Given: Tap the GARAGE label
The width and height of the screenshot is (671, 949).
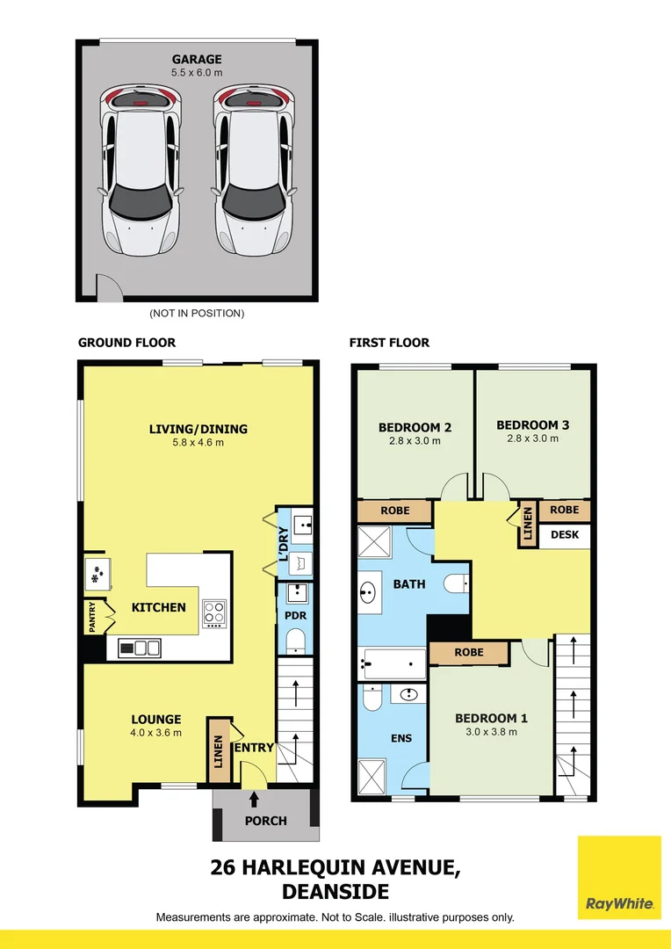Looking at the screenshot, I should coord(197,60).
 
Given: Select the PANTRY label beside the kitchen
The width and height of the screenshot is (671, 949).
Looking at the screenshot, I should coord(92,617).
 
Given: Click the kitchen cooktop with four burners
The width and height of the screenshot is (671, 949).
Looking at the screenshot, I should coord(214,612).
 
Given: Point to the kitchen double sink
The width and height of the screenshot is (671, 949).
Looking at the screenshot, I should coord(140,648).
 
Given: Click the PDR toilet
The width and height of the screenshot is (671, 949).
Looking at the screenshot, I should coord(295,640).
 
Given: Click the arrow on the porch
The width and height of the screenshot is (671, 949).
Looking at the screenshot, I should coord(255,800).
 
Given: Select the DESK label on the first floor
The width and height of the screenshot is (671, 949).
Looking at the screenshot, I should coord(564,534).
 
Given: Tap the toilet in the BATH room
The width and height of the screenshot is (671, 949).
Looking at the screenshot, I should coord(455,583).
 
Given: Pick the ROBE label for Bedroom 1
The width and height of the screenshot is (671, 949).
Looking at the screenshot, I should coord(468,653).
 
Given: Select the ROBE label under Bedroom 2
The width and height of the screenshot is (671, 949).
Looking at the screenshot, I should coord(394,511).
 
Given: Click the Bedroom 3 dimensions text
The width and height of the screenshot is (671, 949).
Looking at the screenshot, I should coord(532,438).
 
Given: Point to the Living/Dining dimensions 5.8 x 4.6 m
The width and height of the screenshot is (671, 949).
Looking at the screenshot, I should coord(198,443).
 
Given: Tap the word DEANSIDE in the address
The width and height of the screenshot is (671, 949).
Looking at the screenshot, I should coord(335,892).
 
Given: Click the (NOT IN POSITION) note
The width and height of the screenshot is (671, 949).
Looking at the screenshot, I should coord(197,313).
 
